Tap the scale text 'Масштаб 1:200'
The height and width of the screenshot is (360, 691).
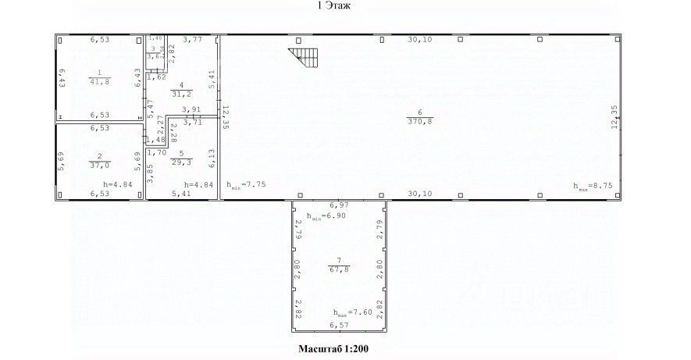(333, 348)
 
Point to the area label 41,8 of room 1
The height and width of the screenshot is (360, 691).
(98, 81)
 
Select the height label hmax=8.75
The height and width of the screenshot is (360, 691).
(591, 186)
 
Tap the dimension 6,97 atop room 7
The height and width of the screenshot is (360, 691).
(339, 205)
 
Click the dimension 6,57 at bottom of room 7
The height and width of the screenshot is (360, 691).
(339, 324)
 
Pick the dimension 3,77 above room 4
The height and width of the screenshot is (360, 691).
(192, 38)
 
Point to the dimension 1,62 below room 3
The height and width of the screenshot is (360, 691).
(157, 77)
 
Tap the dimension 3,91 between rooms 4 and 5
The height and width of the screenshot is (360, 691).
(191, 110)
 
